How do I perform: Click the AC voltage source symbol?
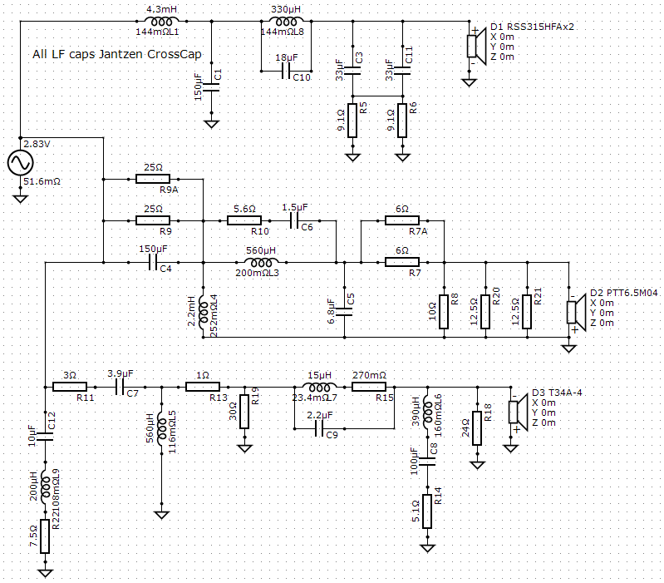(x=20, y=163)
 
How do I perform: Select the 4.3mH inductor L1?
(x=161, y=21)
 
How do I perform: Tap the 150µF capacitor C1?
(x=211, y=87)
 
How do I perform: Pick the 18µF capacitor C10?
(x=286, y=71)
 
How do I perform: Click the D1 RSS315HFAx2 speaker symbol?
(x=476, y=46)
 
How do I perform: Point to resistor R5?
(x=352, y=121)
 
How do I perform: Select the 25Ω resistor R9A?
(x=153, y=179)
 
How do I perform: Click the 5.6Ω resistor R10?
(x=244, y=220)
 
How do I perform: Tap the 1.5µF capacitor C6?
(x=294, y=220)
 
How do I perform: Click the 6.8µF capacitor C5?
(x=344, y=312)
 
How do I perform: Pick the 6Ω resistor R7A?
(x=402, y=220)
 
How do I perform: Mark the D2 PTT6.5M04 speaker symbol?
(x=577, y=312)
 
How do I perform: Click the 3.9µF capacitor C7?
(x=120, y=387)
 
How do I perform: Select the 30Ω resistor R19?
(x=244, y=412)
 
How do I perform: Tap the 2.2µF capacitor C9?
(x=319, y=429)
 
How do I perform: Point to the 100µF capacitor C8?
(x=427, y=462)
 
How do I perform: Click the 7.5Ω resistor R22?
(x=45, y=536)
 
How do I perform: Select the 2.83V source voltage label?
(x=37, y=144)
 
